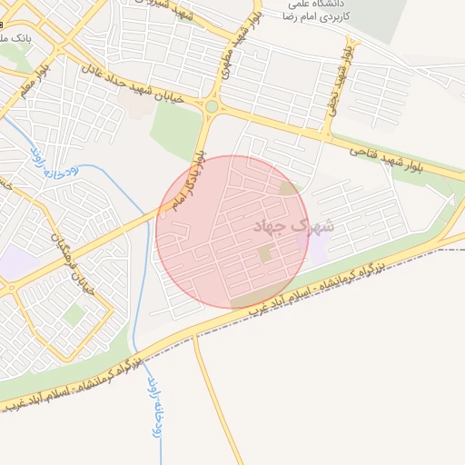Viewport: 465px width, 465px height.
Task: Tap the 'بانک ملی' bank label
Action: pyautogui.click(x=15, y=39)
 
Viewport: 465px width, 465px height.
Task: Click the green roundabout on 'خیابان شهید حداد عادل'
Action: pyautogui.click(x=212, y=106)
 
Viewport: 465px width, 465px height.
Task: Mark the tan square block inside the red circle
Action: pyautogui.click(x=265, y=253)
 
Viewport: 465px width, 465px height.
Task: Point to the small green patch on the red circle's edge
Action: pyautogui.click(x=289, y=188)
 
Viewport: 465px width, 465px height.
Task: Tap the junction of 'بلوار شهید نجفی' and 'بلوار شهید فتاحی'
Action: pyautogui.click(x=325, y=137)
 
